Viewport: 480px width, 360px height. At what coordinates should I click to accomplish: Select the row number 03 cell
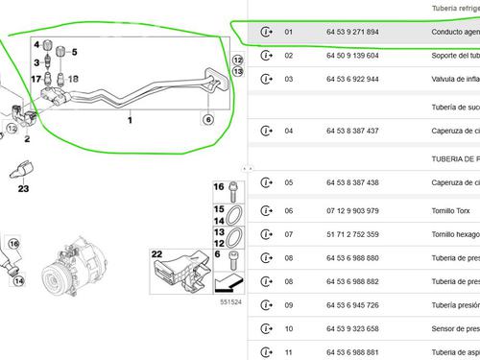(x=289, y=79)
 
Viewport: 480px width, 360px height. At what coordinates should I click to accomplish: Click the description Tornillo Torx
(x=454, y=210)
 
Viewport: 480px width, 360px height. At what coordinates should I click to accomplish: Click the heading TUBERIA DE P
(x=453, y=157)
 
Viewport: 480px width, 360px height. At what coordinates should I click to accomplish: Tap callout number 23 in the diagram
(x=22, y=189)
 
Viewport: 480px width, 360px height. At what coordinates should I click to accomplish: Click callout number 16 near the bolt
(x=218, y=186)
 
